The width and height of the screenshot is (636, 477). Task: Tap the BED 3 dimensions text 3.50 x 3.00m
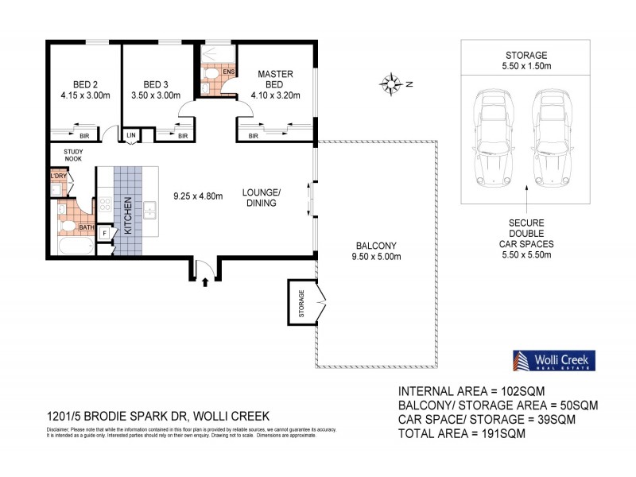pos(158,95)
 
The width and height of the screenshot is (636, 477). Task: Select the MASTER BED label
pos(276,79)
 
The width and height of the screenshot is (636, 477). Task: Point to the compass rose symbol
pos(391,82)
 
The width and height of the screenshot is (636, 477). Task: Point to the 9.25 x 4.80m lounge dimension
pos(198,195)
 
